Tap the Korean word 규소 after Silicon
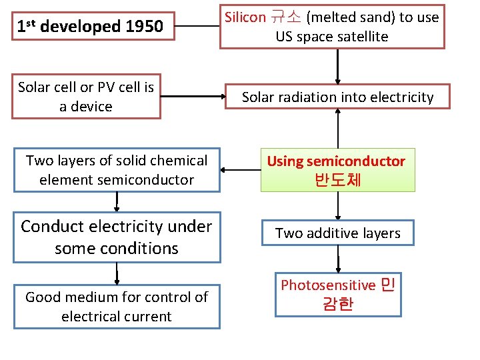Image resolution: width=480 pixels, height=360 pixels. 283,17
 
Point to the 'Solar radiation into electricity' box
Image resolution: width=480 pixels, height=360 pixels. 337,97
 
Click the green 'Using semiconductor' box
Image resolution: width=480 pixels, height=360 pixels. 337,169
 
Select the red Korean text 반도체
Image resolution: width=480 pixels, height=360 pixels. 337,180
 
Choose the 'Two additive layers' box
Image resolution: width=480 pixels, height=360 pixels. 337,233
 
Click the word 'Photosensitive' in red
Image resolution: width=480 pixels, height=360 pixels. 328,285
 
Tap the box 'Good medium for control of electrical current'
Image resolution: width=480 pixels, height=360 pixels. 117,306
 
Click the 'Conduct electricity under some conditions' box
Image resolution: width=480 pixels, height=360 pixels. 117,237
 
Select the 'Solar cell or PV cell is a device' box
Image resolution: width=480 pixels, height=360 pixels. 86,97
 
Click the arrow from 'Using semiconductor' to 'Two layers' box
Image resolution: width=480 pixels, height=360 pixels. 240,169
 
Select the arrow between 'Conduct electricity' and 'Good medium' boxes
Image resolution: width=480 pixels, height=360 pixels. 117,273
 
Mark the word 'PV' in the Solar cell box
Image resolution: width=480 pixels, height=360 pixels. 106,87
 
